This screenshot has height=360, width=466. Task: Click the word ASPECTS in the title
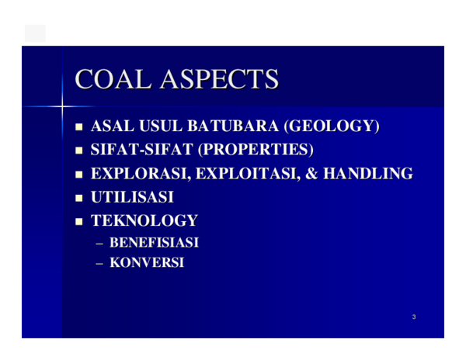pos(221,81)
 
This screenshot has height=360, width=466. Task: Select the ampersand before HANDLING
pos(314,174)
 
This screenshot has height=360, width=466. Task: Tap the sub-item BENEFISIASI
pos(155,244)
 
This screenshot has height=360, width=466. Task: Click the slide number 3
pos(414,317)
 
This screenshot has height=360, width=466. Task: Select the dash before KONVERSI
pos(99,264)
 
